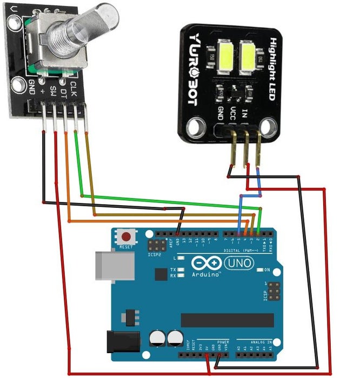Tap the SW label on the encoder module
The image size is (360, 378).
(54, 90)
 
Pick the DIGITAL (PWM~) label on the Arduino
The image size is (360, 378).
(240, 251)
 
